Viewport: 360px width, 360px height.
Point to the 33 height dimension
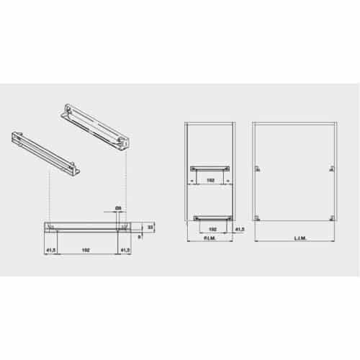[150, 227]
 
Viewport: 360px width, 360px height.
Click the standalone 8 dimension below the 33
[139, 235]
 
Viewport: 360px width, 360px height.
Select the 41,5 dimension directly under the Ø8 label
[125, 250]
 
